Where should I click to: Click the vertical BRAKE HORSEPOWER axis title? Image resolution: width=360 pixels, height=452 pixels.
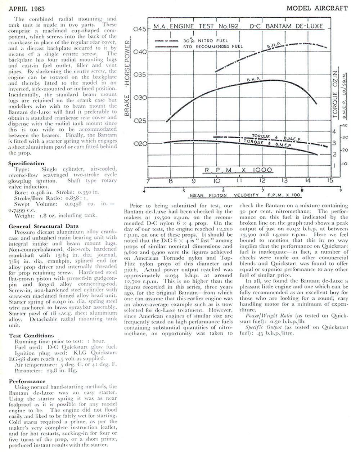[x=127, y=79]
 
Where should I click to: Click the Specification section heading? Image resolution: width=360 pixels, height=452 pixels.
[x=26, y=163]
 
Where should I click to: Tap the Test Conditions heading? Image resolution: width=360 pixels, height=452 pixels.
[x=31, y=335]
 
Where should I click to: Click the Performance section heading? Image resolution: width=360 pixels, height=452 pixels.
[x=27, y=381]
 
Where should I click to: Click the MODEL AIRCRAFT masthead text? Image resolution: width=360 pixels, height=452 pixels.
[x=317, y=8]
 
